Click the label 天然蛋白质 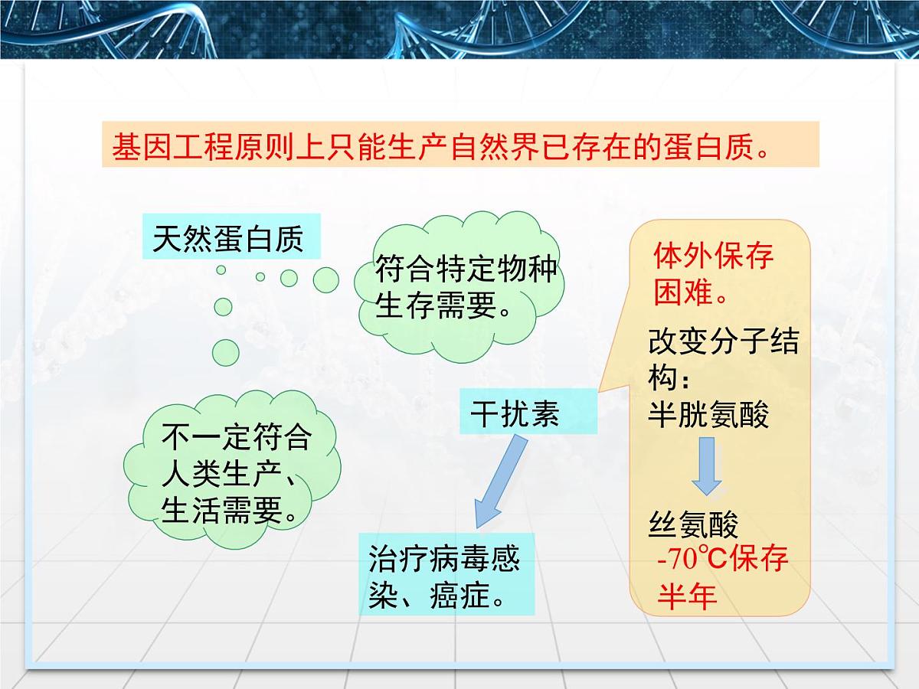click(228, 238)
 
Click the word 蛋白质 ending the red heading click(711, 145)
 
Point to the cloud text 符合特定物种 click(466, 271)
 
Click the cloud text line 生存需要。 click(444, 307)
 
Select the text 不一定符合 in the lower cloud click(236, 438)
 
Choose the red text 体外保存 click(713, 256)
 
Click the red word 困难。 click(690, 292)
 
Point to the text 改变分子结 click(723, 342)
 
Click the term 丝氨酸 click(693, 525)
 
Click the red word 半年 click(687, 596)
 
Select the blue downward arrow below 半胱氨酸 click(706, 466)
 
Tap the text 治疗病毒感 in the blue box click(444, 559)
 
